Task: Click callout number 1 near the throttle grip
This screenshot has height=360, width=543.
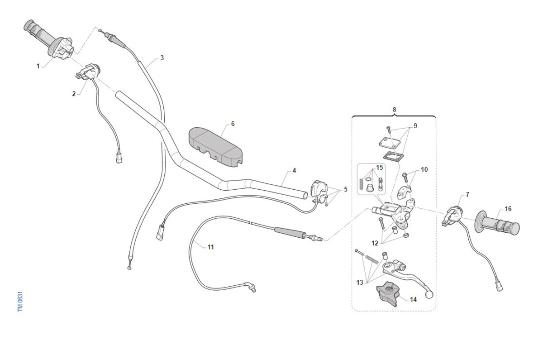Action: (x=38, y=66)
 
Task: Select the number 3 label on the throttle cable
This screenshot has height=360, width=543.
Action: (x=162, y=58)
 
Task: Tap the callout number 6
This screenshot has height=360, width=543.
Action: (x=233, y=124)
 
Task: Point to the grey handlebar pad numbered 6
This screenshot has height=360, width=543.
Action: (x=216, y=148)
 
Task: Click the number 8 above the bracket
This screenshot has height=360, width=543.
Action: (x=394, y=110)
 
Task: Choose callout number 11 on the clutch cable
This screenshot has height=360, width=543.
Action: (x=211, y=247)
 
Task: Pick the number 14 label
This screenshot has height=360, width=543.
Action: (x=413, y=300)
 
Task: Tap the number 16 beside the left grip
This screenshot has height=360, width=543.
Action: (x=508, y=209)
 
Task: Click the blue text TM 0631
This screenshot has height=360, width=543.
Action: (x=20, y=302)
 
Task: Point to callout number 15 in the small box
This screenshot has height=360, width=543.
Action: (x=379, y=168)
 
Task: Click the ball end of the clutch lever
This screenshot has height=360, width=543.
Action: (x=429, y=294)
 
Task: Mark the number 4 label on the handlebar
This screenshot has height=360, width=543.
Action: (x=294, y=171)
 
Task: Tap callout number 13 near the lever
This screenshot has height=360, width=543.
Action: (x=360, y=283)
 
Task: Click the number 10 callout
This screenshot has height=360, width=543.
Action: (x=424, y=169)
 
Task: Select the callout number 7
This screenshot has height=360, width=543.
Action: (x=467, y=195)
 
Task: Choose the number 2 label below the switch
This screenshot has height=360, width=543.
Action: (x=74, y=94)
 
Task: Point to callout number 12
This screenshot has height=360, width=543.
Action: (x=375, y=243)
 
